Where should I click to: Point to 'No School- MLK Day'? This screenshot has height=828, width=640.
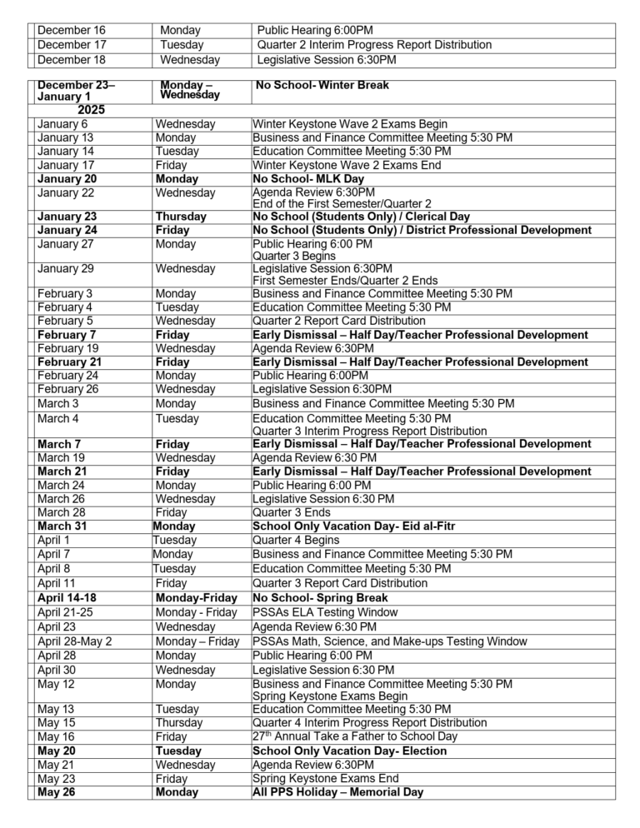pos(308,179)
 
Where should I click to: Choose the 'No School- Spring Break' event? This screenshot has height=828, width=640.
pos(320,598)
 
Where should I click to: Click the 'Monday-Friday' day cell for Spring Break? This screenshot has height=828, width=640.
pos(196,598)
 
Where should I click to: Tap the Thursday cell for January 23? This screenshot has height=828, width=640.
pos(182,217)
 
